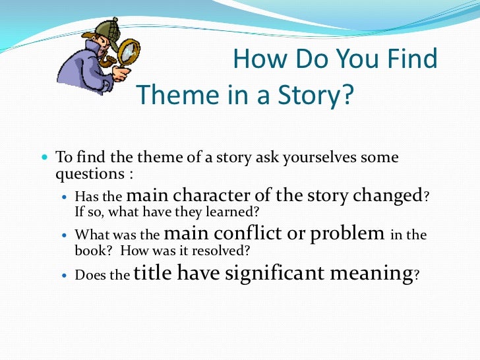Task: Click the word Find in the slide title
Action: coord(411,60)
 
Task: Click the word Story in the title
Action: coord(318,96)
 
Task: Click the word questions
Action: coord(90,175)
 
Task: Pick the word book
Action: coord(90,251)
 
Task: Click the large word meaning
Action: coord(371,274)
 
